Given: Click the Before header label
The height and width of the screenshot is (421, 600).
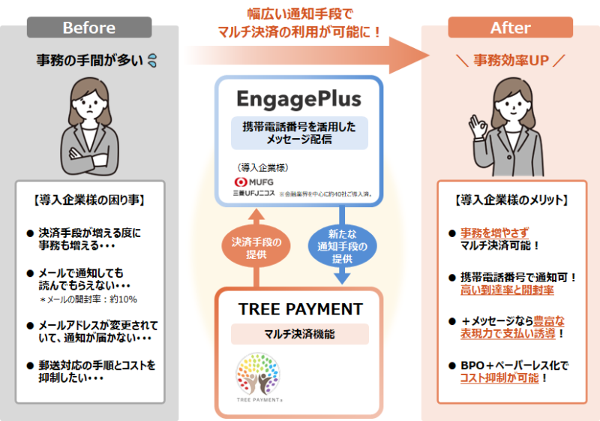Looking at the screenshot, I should pos(88,29).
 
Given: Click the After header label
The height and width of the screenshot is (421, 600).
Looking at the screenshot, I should pos(510,29).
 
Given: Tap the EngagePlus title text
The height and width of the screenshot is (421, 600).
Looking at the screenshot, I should pos(298,99).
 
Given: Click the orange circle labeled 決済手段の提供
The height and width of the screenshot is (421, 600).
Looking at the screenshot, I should pos(256,248).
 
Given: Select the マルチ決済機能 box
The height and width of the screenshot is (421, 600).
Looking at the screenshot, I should pos(299,334).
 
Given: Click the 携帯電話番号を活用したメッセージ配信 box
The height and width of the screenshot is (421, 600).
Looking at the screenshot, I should pos(298,132).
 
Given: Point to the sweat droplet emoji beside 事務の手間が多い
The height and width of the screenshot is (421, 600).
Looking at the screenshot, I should pos(152,59).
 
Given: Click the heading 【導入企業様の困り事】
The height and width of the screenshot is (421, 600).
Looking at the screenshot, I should pos(89,200).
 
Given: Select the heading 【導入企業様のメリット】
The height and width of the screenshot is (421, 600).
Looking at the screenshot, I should pos(511,200).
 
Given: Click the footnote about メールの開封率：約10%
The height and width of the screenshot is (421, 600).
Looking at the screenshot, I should pos(88,300).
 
